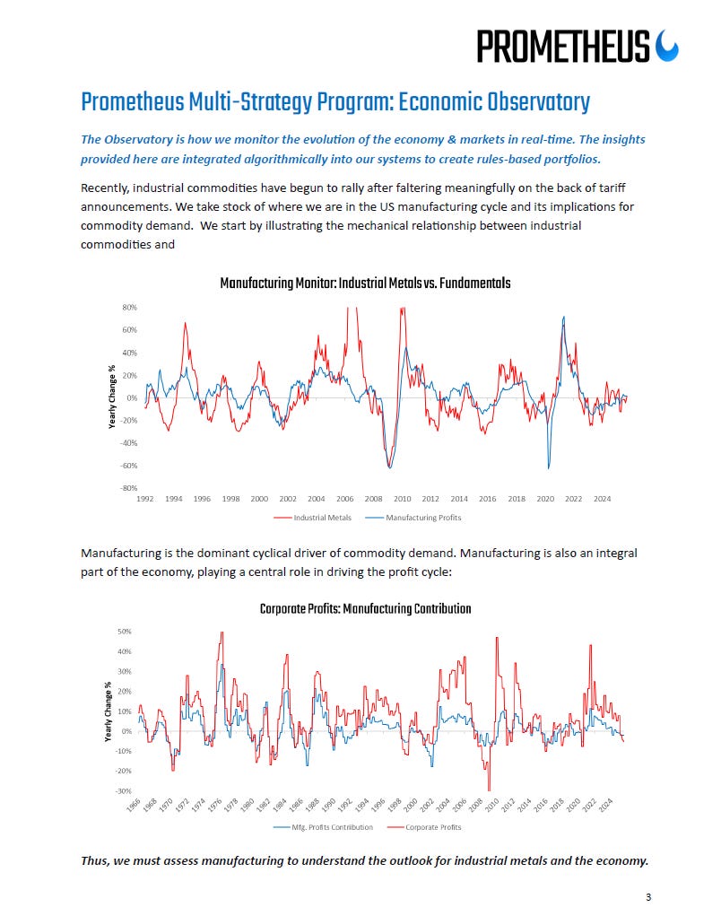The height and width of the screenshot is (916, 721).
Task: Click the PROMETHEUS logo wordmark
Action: pyautogui.click(x=562, y=46)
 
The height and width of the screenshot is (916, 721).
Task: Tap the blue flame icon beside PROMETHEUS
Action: pyautogui.click(x=668, y=46)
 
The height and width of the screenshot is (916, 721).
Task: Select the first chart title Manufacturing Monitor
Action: pyautogui.click(x=365, y=284)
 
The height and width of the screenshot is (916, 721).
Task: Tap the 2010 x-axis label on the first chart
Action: pyautogui.click(x=402, y=499)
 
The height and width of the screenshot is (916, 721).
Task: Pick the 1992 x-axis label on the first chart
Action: pyautogui.click(x=144, y=499)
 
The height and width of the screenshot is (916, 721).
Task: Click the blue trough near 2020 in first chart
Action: pyautogui.click(x=549, y=467)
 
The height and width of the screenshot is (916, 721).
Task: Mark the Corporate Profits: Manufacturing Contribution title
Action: pyautogui.click(x=365, y=609)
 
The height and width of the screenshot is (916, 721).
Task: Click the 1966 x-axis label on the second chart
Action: pyautogui.click(x=134, y=805)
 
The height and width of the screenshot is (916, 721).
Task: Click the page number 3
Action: pyautogui.click(x=648, y=896)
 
